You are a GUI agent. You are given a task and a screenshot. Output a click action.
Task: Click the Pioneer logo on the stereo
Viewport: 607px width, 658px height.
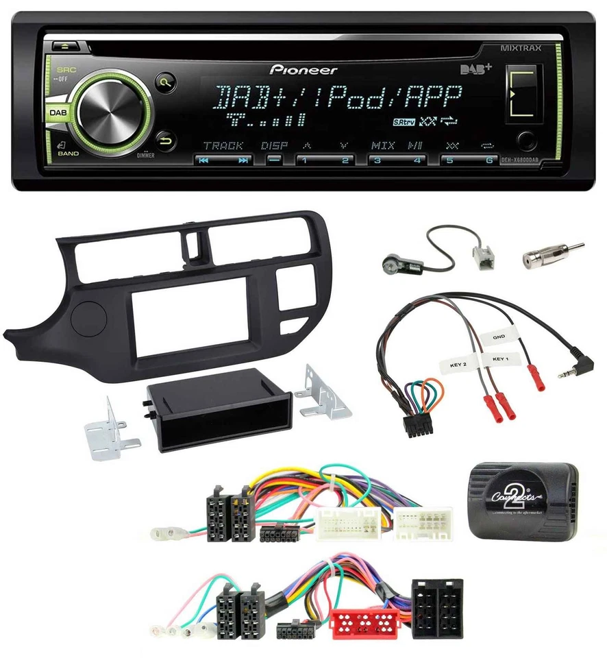coord(303,69)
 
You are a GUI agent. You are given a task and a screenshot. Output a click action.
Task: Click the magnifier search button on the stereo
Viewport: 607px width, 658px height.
coord(165,82)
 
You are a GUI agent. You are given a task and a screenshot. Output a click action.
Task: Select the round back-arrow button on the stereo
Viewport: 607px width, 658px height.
coord(165,141)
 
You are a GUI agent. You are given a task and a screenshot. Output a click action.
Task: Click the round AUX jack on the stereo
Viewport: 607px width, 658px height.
coord(525,142)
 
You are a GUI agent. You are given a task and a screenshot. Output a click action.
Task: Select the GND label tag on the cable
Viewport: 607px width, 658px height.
coord(499,337)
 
